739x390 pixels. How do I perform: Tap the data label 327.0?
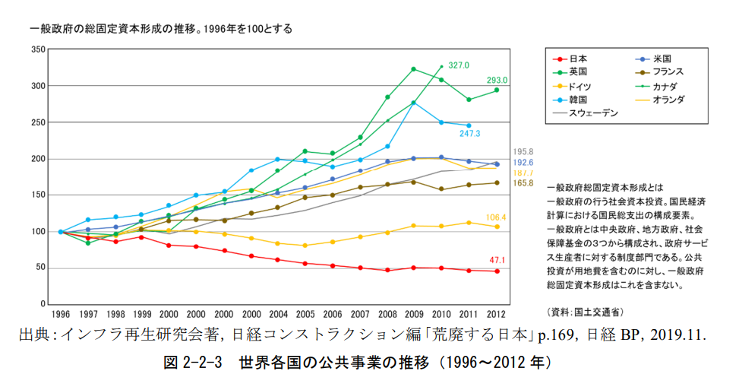(460, 65)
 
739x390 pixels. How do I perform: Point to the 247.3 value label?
(470, 134)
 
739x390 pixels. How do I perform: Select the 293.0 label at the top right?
(497, 81)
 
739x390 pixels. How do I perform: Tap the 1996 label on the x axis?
(61, 313)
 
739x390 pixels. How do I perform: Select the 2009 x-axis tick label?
(413, 313)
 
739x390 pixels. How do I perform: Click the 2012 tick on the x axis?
(497, 313)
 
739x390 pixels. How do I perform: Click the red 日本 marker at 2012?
(497, 271)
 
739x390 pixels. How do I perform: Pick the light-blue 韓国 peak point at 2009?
(413, 103)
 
